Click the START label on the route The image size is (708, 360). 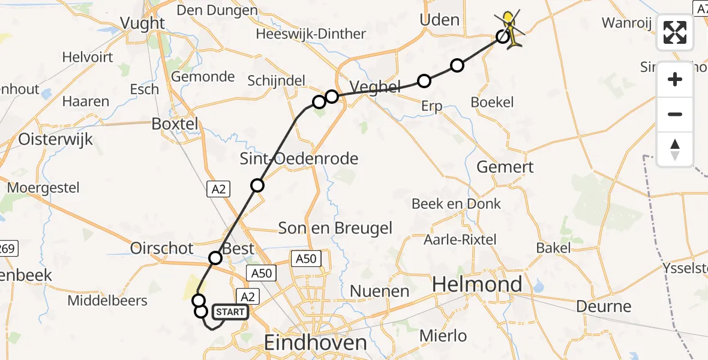(230, 312)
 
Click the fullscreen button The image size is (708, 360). (675, 32)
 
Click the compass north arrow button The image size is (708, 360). (675, 149)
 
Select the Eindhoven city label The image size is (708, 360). (316, 343)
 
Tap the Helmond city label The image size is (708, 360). (478, 284)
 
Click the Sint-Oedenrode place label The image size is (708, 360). (299, 158)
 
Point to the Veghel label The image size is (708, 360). (374, 88)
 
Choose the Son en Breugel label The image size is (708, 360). (335, 228)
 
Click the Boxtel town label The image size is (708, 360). (175, 124)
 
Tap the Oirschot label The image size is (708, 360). (162, 248)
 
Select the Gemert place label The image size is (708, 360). (505, 166)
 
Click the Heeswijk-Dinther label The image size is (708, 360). (311, 34)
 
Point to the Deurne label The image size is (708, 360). (604, 306)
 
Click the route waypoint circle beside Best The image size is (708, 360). (215, 258)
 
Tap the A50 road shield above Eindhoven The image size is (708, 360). (305, 259)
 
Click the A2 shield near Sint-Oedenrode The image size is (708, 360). (218, 189)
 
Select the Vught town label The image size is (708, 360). (142, 23)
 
